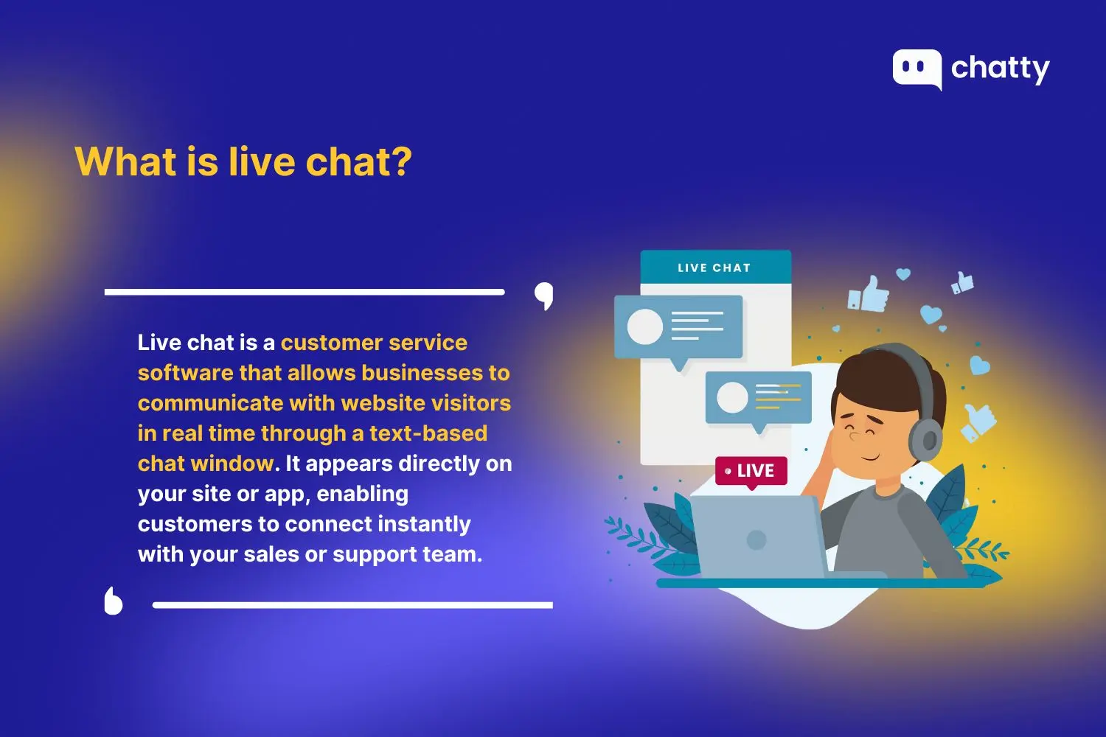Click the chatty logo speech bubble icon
pos(917,69)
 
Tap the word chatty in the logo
pos(1000,69)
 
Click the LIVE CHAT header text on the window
pos(714,268)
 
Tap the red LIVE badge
pos(751,471)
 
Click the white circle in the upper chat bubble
pos(645,326)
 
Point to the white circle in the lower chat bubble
pos(732,397)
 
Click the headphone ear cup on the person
pos(927,439)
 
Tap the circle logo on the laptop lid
pos(756,539)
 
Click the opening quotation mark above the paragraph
pos(544,296)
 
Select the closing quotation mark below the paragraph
pos(113,601)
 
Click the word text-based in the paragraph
pos(428,433)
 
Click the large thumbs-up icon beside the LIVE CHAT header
pos(870,294)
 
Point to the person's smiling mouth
pos(870,456)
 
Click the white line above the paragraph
pos(304,293)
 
